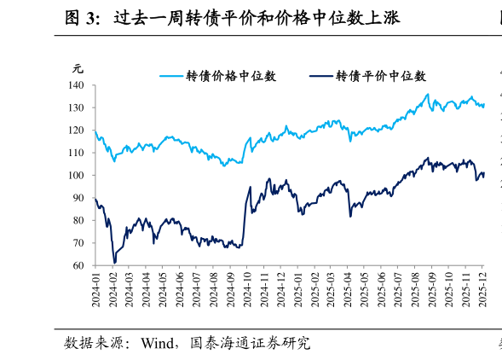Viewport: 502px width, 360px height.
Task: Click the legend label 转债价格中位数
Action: pos(231,76)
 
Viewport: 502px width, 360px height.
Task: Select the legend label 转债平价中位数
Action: pos(381,76)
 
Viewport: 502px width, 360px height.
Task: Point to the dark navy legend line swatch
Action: pos(321,76)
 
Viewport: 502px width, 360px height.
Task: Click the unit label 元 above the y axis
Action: pos(78,69)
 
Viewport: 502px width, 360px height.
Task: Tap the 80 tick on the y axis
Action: pos(78,220)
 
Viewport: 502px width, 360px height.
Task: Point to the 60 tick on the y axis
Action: pos(78,265)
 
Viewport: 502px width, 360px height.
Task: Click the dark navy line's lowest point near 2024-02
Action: pos(115,263)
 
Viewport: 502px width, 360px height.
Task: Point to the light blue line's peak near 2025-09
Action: pos(428,94)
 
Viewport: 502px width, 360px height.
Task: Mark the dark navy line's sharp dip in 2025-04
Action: pos(350,216)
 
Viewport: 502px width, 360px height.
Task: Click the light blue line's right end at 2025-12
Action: pos(484,105)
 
